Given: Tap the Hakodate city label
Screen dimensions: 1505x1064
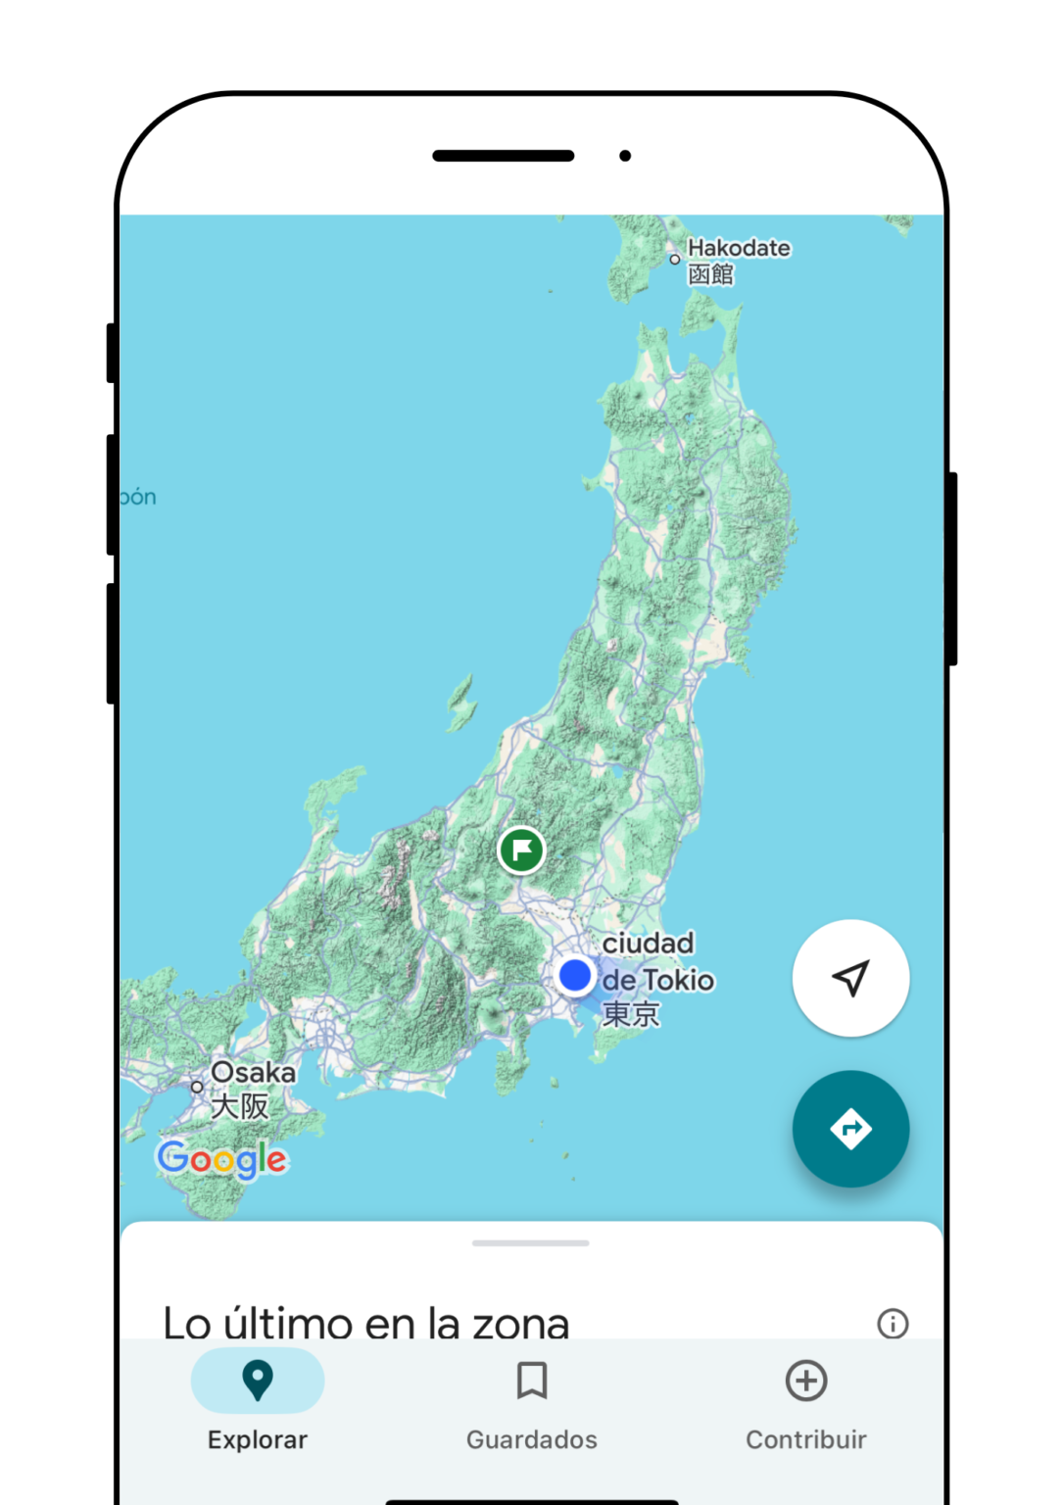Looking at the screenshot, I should [x=739, y=248].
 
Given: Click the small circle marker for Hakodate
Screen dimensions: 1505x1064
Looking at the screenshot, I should [x=675, y=260].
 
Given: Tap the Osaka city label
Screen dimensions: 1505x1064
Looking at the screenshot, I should [x=253, y=1072].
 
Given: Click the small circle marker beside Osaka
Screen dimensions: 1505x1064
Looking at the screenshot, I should [x=197, y=1087].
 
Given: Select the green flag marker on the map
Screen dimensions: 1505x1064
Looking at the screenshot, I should [x=521, y=850].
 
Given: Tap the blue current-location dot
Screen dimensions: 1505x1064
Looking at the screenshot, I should [x=575, y=975].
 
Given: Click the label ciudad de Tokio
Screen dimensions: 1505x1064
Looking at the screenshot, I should [x=656, y=961].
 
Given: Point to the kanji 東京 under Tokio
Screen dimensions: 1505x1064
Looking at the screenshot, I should [x=631, y=1014].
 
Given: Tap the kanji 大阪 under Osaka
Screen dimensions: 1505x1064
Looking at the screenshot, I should [x=240, y=1106].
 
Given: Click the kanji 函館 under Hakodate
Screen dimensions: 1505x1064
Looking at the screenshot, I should [x=710, y=274].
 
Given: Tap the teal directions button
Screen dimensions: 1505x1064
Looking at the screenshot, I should [x=850, y=1129].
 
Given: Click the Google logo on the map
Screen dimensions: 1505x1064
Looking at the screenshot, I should [x=222, y=1159].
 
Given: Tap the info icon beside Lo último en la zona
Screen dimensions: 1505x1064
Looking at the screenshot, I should [x=893, y=1324].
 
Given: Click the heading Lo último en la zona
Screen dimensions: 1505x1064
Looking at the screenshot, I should [x=365, y=1323].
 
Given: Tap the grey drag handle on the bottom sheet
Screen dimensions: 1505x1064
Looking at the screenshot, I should [x=531, y=1242].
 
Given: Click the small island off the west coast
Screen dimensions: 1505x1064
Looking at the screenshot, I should [x=461, y=703].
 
